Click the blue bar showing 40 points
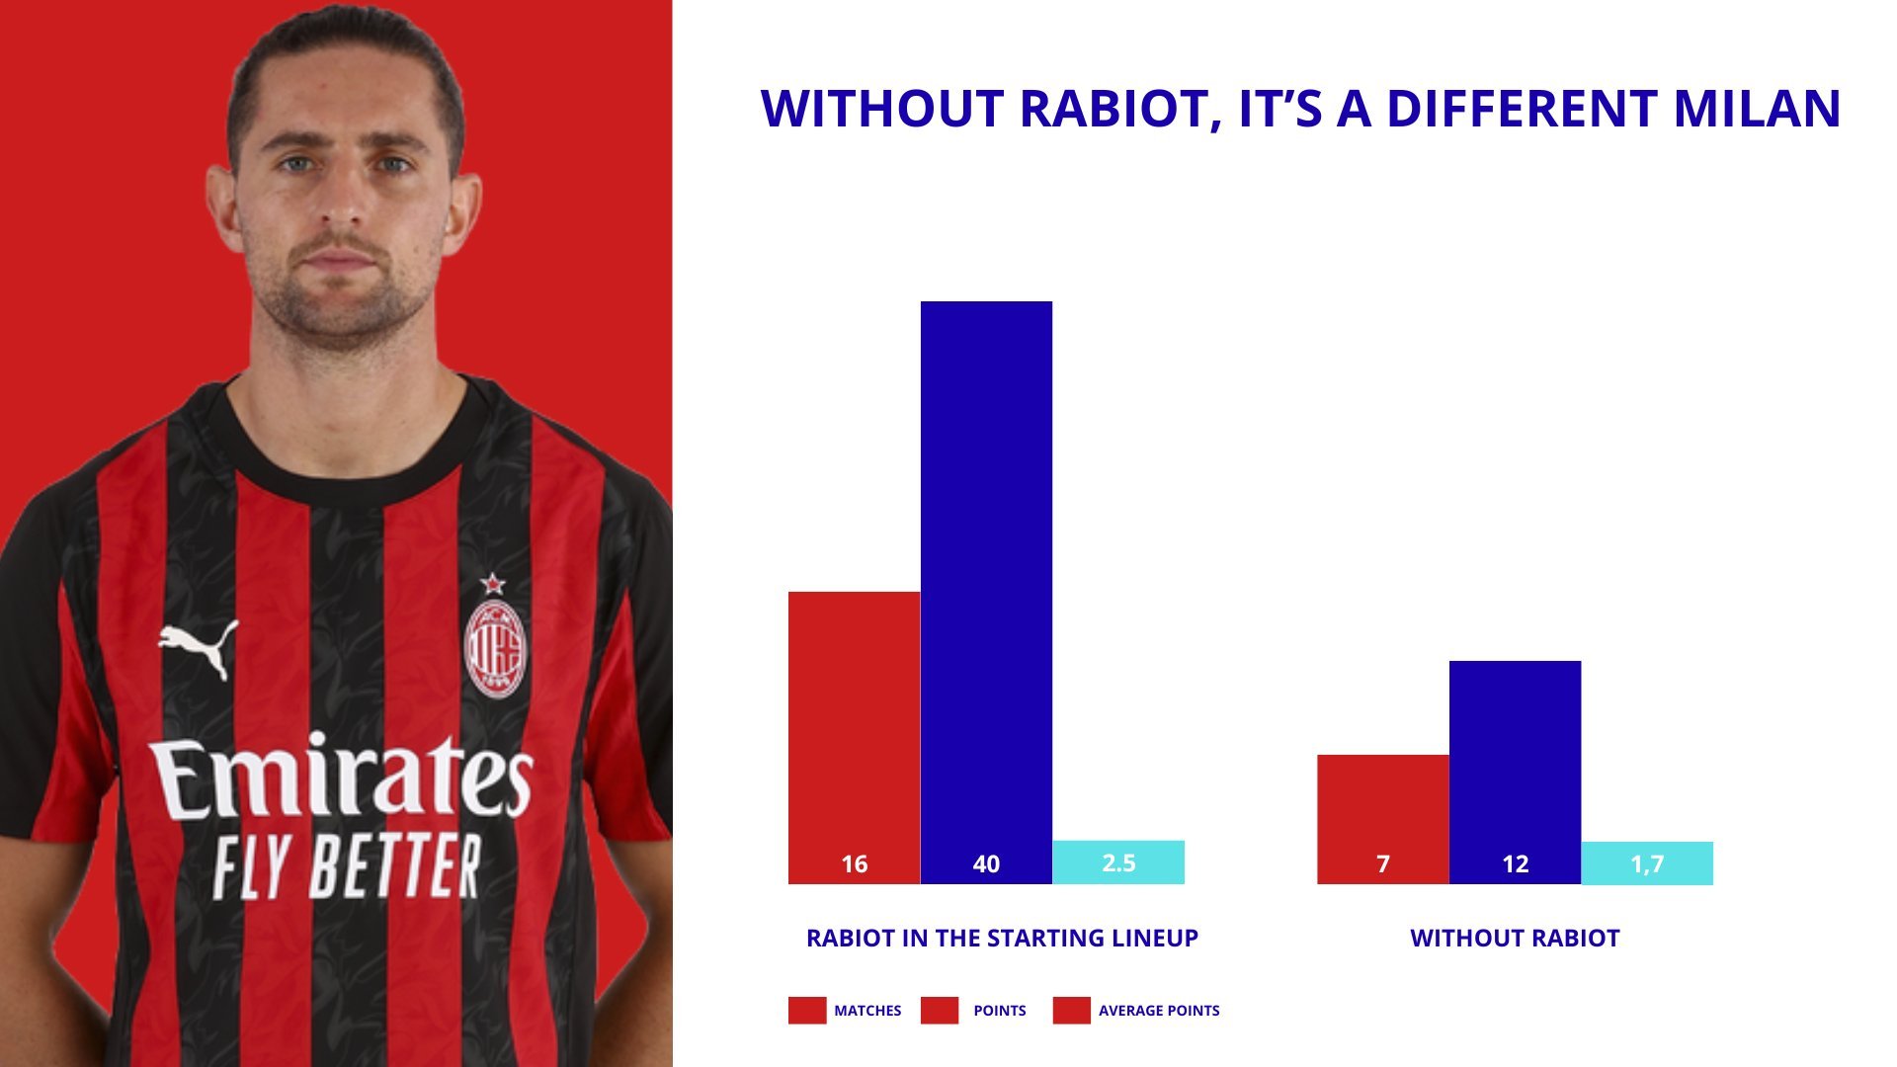(986, 593)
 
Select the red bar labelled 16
(854, 738)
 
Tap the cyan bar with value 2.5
(1118, 862)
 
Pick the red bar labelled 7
(1383, 819)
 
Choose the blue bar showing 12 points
(1515, 773)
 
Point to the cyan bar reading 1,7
(1647, 863)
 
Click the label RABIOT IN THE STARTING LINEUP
(1002, 939)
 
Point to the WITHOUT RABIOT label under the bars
(1515, 939)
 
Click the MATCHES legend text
(867, 1011)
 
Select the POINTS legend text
(1000, 1011)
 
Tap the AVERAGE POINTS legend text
(1159, 1011)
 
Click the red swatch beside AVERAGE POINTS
(1071, 1011)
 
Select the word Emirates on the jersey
(342, 778)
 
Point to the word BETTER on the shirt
(394, 866)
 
